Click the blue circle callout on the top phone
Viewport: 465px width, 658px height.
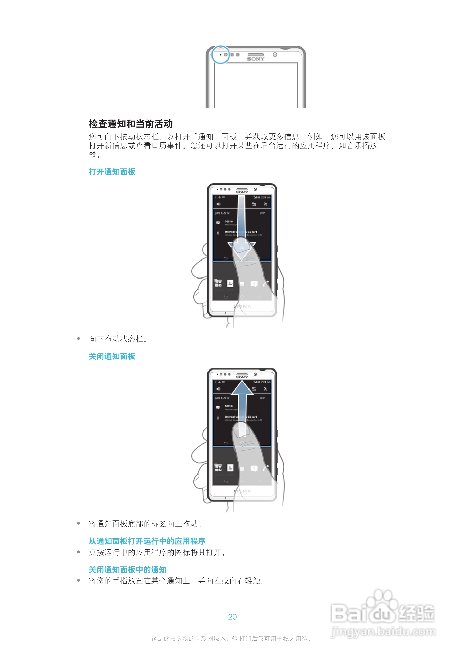220,55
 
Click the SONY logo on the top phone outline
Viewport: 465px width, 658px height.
256,59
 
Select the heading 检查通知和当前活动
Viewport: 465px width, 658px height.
131,124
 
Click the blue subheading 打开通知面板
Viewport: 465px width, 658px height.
112,172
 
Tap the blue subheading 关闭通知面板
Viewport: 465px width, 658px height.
112,356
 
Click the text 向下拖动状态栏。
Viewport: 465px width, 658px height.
118,339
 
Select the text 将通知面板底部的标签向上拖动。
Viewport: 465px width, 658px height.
145,524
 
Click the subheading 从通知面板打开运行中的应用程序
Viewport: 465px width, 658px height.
147,541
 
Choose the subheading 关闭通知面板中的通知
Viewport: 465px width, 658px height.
128,570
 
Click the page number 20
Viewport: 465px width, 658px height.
232,617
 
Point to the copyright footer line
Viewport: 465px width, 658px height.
231,638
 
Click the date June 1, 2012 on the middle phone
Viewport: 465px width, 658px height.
222,213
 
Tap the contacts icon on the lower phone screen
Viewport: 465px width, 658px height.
230,468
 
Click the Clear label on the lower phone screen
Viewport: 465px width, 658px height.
262,398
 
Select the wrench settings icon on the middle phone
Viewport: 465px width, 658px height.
265,204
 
